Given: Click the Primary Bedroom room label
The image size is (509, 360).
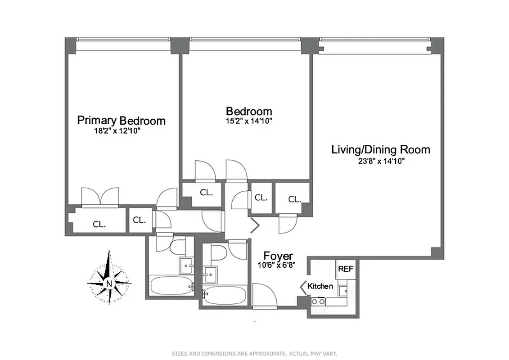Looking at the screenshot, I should [121, 121].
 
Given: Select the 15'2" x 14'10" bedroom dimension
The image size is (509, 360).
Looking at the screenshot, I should [248, 121].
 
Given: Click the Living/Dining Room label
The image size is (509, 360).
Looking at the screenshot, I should [380, 149].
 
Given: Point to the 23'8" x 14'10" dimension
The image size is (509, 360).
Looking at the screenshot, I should [379, 161].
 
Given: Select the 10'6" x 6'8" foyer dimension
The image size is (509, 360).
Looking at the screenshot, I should [276, 265].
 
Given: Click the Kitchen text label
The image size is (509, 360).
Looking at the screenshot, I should [320, 286].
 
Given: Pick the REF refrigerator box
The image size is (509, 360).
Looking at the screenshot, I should [346, 269].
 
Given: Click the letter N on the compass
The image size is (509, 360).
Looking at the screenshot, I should [108, 283].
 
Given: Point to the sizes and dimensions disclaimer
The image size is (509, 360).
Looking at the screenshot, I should [254, 354].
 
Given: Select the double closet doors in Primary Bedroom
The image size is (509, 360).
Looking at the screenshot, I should [100, 198].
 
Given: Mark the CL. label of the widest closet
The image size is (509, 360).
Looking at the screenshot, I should [99, 224].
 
